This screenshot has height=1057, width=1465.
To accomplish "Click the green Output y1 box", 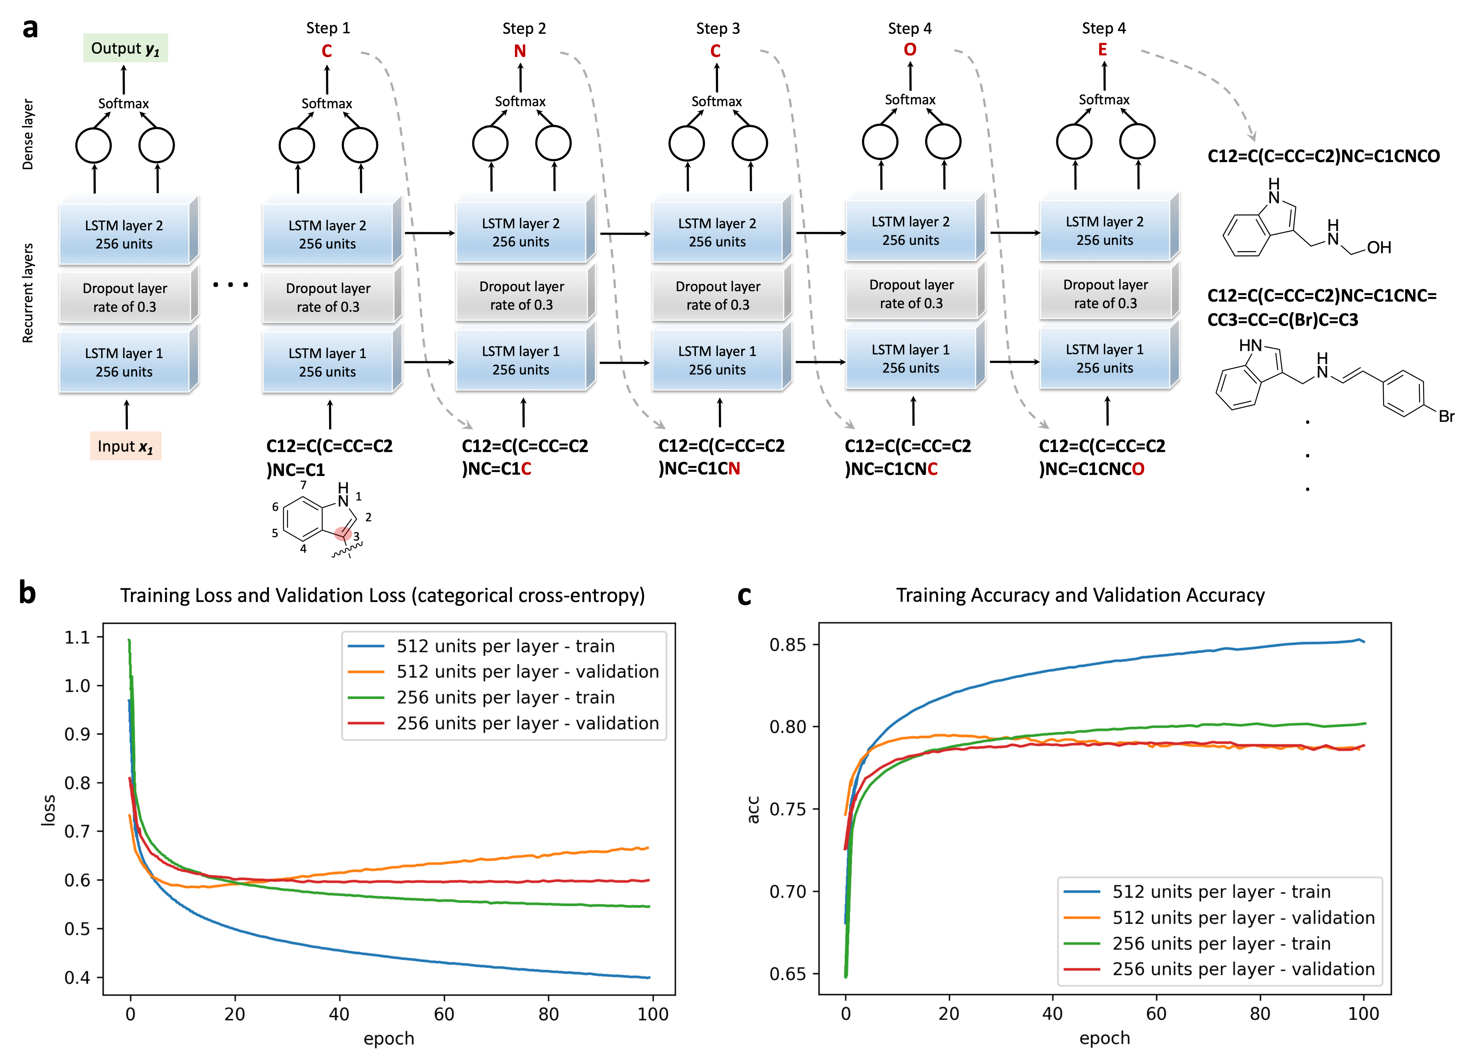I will pos(125,48).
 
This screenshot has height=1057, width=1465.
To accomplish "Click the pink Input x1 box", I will pos(125,446).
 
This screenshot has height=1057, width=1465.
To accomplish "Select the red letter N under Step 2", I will pos(520,51).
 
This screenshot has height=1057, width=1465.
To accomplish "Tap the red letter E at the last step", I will pos(1103,50).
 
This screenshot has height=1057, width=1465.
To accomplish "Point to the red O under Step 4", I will pos(910,50).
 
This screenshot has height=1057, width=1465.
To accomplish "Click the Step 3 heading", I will pos(718,28).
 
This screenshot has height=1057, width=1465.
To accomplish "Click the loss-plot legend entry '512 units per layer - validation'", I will pos(527,672).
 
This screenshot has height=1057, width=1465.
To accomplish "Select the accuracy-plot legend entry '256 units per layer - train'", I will pos(1221,943).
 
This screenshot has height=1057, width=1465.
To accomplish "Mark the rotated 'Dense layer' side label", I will pos(28,134).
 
